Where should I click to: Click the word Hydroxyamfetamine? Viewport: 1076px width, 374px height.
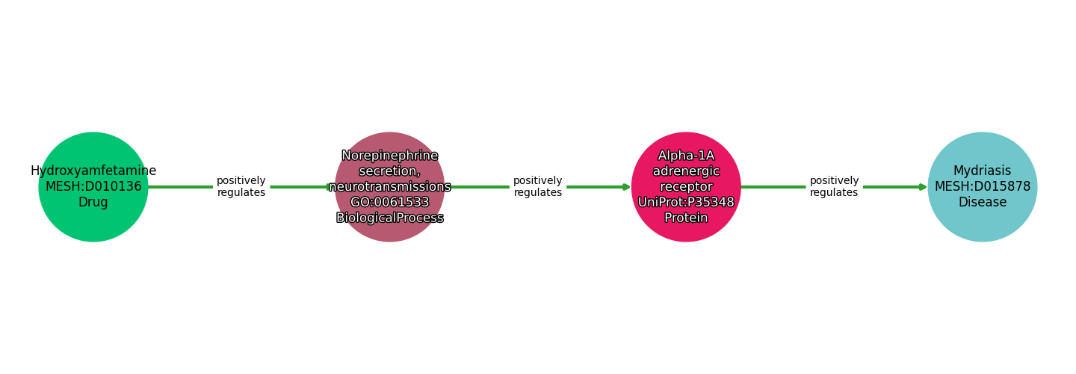click(93, 171)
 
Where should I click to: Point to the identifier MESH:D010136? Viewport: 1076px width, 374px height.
click(93, 187)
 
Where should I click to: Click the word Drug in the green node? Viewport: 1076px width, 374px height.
click(93, 203)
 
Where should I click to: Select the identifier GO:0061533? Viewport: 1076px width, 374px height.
click(389, 203)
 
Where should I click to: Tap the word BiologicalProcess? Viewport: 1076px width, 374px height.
click(389, 218)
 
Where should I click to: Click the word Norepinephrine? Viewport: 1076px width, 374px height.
click(389, 156)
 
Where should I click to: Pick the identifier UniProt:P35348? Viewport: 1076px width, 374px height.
click(686, 203)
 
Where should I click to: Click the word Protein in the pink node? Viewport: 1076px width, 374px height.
click(686, 218)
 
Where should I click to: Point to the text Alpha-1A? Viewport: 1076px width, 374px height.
click(686, 156)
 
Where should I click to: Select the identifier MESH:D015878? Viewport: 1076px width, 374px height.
click(982, 187)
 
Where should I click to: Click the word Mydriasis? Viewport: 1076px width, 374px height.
click(982, 171)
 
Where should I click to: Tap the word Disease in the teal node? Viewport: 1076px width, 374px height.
click(982, 203)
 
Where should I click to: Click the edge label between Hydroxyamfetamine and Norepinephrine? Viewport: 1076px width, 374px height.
click(241, 187)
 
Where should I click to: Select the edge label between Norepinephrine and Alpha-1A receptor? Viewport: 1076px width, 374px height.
click(537, 187)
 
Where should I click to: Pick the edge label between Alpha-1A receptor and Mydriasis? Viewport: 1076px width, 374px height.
click(834, 187)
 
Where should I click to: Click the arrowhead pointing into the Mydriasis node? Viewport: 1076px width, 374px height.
click(923, 187)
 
